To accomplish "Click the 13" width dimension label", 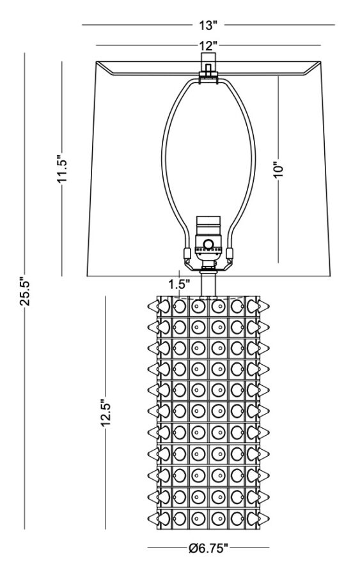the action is [x=208, y=26].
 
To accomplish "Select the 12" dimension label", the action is [x=208, y=46].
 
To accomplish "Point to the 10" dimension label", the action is [x=278, y=170].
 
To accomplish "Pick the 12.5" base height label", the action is [x=106, y=413].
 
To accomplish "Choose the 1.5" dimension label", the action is [x=179, y=284].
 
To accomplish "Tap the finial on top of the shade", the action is [x=208, y=65].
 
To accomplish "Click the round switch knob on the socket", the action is [x=208, y=244].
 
